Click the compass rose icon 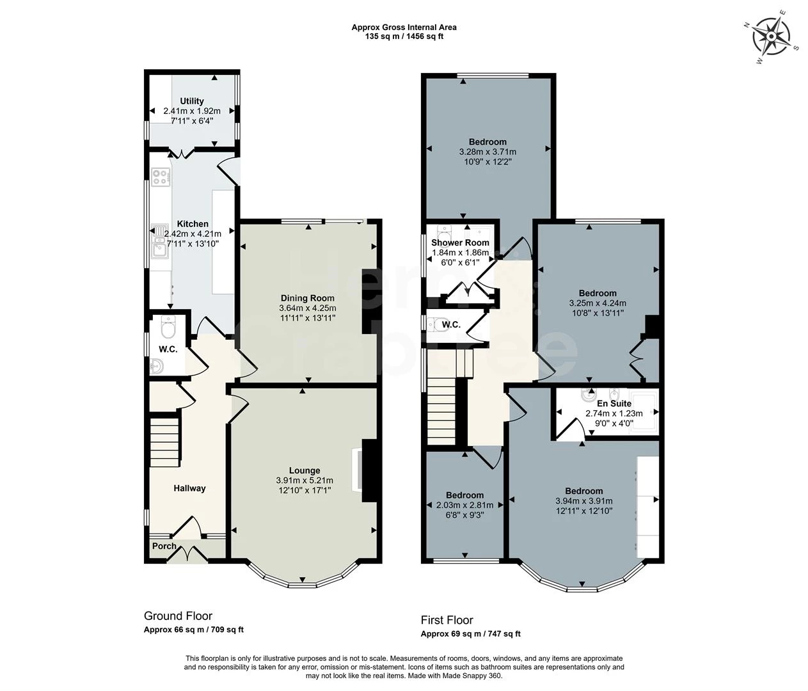(x=771, y=37)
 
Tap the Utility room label (x=191, y=101)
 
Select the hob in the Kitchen (x=161, y=177)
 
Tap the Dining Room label (x=308, y=298)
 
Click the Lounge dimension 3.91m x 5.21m (x=305, y=481)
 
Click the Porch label (x=164, y=546)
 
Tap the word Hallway (x=189, y=488)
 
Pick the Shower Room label (x=460, y=242)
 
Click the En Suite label (x=614, y=403)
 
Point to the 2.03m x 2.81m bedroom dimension (x=465, y=505)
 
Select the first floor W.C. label (x=451, y=324)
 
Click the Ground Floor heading (x=178, y=616)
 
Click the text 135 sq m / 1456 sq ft (x=404, y=36)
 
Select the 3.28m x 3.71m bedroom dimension (x=487, y=152)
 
